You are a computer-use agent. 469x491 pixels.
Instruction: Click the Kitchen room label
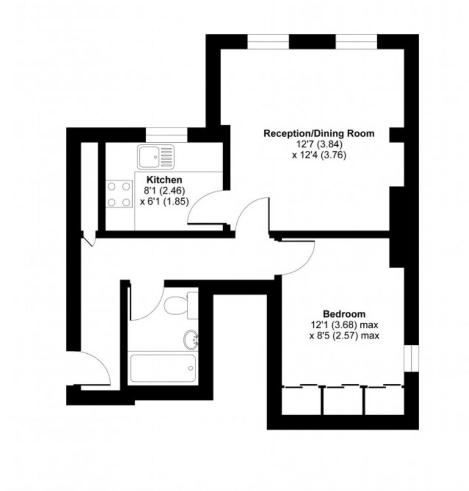[164, 180]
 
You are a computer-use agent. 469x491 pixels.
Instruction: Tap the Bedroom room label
[344, 314]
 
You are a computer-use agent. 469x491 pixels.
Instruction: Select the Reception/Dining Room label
[319, 133]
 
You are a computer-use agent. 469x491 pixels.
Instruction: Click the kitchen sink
[156, 157]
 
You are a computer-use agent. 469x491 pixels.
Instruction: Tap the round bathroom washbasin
[190, 340]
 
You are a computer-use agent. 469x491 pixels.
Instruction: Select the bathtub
[162, 368]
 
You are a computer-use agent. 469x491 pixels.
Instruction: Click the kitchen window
[166, 134]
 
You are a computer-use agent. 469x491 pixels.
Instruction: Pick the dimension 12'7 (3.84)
[319, 144]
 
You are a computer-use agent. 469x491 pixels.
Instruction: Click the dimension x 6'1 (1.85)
[164, 202]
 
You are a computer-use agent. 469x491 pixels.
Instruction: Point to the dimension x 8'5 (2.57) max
[344, 336]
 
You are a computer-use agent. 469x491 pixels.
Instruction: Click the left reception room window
[268, 41]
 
